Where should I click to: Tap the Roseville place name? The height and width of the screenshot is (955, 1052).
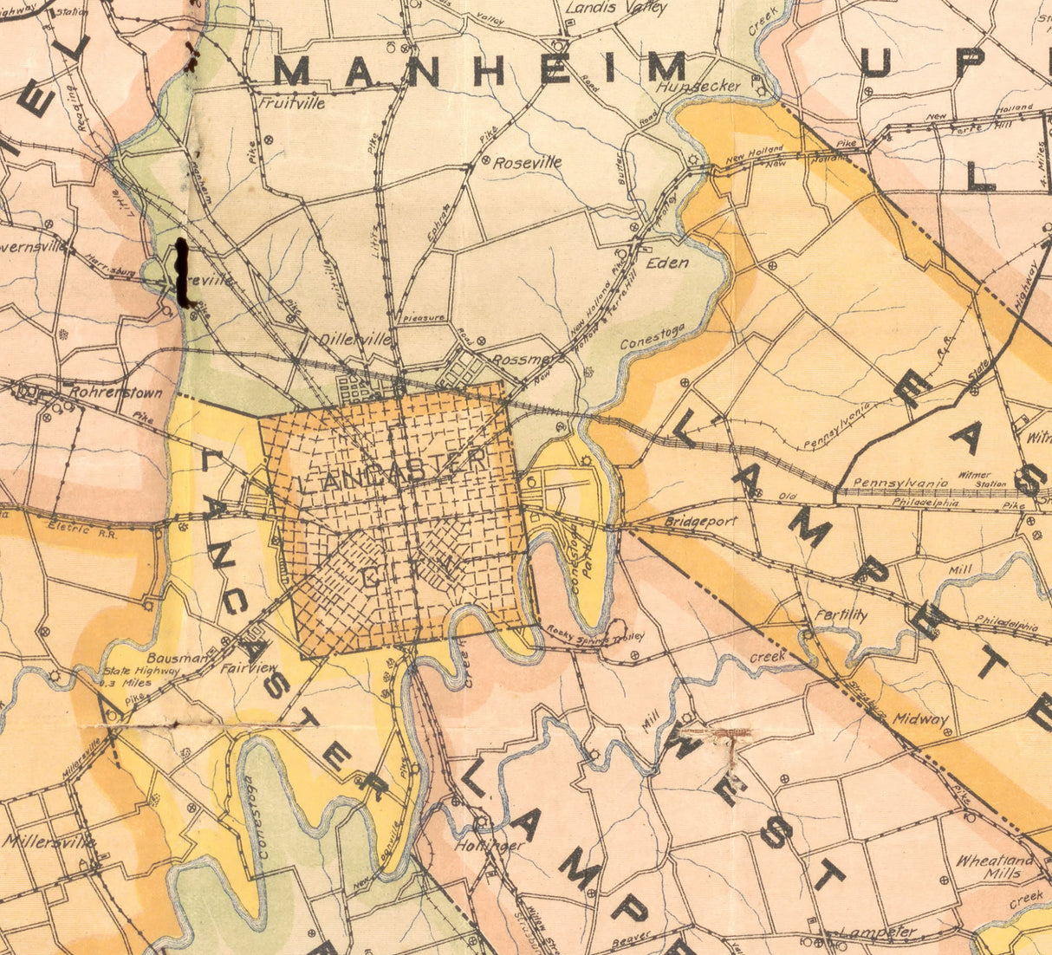(x=527, y=162)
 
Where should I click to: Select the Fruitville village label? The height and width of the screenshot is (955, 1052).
(x=293, y=102)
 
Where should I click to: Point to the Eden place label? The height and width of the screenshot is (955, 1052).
(x=667, y=263)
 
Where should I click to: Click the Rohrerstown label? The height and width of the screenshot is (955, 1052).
(x=115, y=393)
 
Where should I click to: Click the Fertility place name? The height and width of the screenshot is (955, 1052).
(x=841, y=614)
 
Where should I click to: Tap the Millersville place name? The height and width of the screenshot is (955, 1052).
(x=49, y=841)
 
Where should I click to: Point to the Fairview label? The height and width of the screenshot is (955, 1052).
(x=248, y=668)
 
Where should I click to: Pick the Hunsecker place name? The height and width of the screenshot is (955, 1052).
(x=698, y=86)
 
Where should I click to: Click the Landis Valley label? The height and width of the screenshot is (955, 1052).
(x=616, y=9)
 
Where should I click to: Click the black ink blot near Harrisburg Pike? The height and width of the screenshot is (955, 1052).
(x=182, y=273)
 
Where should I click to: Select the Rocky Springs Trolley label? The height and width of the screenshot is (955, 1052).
(x=595, y=635)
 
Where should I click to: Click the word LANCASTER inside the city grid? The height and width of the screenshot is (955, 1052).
(x=393, y=471)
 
